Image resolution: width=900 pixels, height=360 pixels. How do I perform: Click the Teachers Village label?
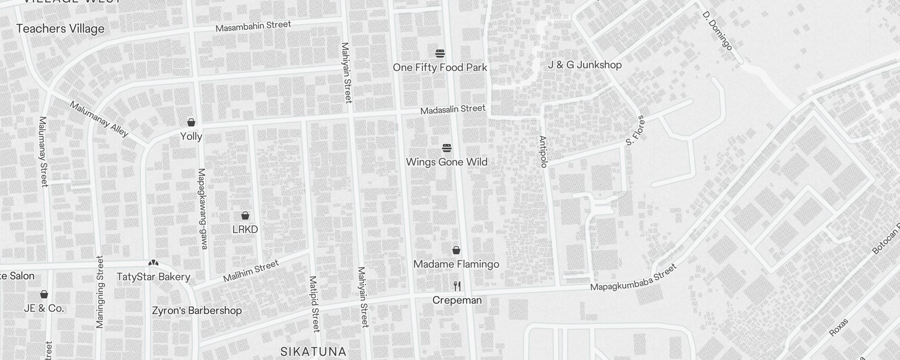click(x=60, y=29)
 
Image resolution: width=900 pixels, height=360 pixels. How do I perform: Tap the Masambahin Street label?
click(x=253, y=26)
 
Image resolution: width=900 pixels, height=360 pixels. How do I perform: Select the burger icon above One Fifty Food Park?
click(x=440, y=54)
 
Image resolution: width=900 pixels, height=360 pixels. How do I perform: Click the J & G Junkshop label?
click(x=585, y=65)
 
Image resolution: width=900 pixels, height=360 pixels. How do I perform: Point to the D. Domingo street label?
click(x=717, y=31)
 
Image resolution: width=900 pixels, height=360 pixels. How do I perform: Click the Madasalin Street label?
click(x=453, y=109)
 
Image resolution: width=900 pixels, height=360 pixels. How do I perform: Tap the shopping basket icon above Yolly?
click(x=191, y=122)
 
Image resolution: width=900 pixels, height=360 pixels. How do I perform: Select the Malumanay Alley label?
click(x=99, y=119)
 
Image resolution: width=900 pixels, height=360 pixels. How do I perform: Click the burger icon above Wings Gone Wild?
click(x=447, y=148)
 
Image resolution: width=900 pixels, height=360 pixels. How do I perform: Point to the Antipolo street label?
click(x=543, y=152)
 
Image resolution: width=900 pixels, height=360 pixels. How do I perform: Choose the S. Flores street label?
click(x=635, y=131)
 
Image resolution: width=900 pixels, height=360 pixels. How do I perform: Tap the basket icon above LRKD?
click(x=245, y=216)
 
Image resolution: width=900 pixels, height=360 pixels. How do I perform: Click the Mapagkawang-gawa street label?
click(x=202, y=209)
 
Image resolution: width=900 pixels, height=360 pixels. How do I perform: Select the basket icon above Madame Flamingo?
click(x=456, y=250)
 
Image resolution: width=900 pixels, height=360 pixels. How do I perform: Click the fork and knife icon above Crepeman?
click(x=457, y=286)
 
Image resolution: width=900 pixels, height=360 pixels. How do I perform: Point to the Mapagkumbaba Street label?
click(x=633, y=278)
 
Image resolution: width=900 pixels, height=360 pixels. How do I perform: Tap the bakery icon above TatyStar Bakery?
click(x=153, y=263)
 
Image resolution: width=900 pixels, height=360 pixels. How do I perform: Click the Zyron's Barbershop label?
click(x=197, y=310)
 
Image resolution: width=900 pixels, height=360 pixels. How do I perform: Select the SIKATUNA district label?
click(x=313, y=351)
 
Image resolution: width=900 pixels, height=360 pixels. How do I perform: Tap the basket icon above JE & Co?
click(x=44, y=295)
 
